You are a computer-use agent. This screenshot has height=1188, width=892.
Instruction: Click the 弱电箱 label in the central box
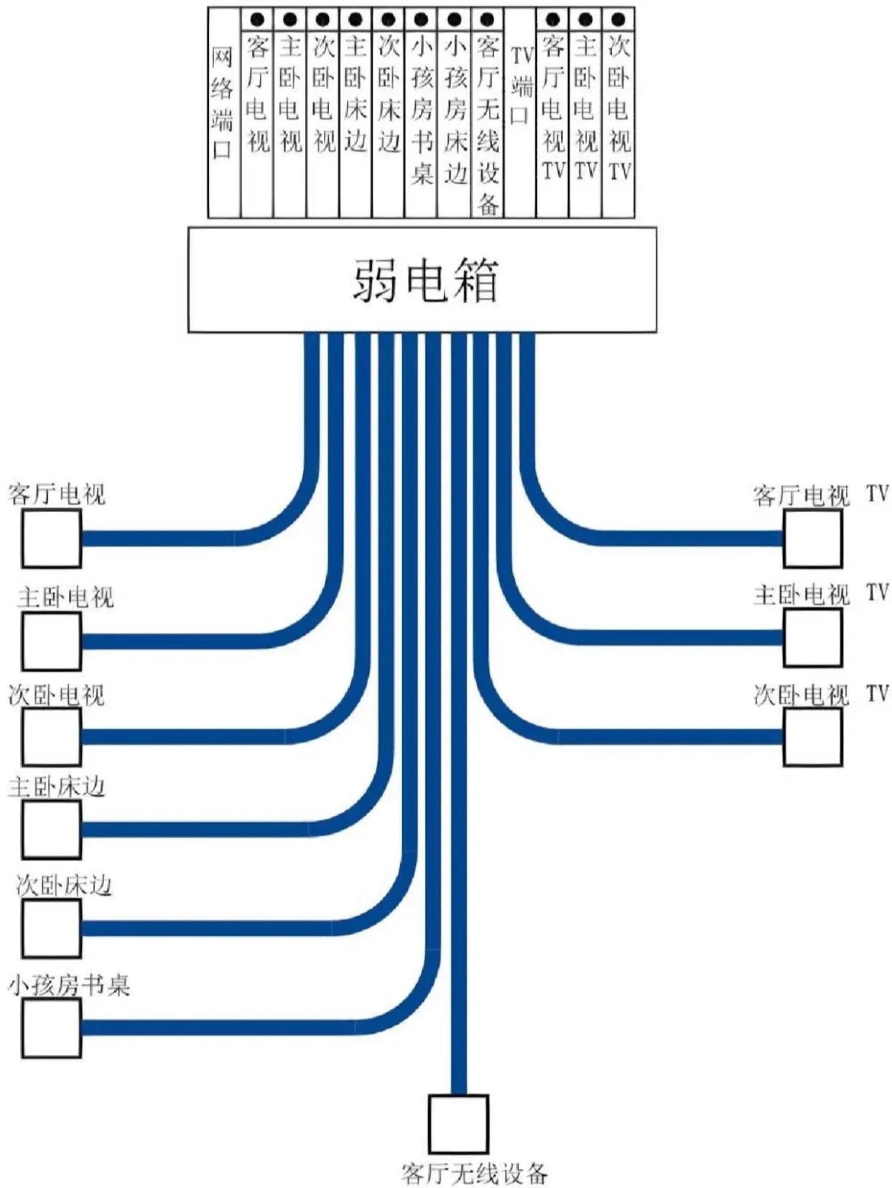click(424, 279)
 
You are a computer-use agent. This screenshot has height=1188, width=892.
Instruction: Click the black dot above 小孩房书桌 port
click(422, 19)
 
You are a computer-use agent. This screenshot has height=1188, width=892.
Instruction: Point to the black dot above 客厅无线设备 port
click(487, 19)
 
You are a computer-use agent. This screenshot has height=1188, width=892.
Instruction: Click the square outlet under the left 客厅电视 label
click(51, 539)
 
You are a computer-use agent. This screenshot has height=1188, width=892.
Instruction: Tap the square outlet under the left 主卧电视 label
click(51, 641)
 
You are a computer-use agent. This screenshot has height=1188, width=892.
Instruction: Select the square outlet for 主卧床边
click(51, 830)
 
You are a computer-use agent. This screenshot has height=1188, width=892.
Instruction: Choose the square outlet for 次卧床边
click(51, 928)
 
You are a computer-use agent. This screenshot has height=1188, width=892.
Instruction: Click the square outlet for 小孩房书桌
click(51, 1028)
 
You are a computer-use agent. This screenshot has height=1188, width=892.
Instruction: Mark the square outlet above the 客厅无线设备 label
click(458, 1124)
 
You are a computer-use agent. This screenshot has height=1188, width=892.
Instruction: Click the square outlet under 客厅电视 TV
click(812, 539)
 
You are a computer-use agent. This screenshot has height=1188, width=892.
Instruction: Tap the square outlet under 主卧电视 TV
click(812, 638)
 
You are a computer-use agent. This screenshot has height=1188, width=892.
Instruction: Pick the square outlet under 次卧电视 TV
click(812, 737)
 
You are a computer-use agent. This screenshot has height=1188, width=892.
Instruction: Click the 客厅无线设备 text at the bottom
click(475, 1174)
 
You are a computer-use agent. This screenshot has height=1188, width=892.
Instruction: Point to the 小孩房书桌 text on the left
click(69, 985)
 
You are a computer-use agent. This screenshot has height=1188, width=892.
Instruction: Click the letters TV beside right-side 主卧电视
click(877, 593)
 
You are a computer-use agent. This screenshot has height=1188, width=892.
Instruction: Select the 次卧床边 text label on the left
click(65, 886)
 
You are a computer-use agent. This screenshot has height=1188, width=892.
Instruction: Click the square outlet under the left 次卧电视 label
click(51, 737)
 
